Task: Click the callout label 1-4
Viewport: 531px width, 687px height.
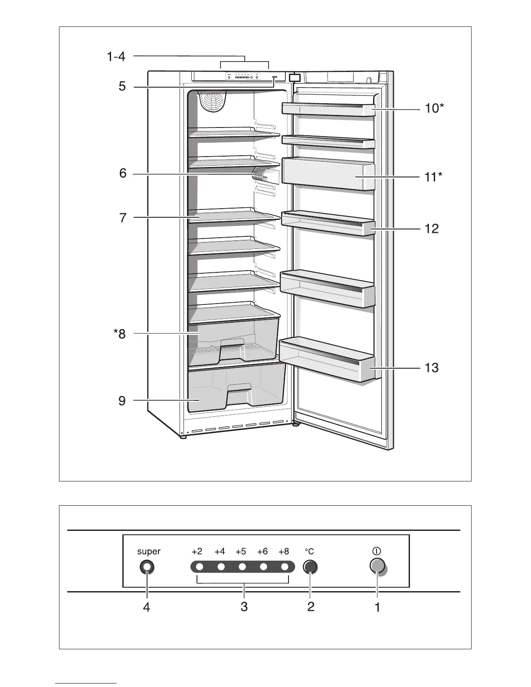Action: pos(116,56)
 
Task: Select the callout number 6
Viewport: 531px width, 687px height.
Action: pos(123,173)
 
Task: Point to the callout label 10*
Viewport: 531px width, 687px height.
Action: pos(434,108)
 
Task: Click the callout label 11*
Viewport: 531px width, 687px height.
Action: pos(434,177)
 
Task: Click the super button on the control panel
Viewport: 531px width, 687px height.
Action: pos(147,567)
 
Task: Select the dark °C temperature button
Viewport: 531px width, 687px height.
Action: pos(310,567)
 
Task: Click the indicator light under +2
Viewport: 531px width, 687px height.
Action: pos(200,567)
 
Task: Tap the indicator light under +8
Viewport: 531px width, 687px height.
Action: pos(285,567)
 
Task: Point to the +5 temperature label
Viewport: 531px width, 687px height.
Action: pos(241,552)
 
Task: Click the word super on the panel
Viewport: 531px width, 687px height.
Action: pos(148,552)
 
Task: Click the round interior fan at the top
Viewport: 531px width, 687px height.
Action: pos(212,102)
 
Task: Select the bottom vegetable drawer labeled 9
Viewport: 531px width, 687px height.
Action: pos(236,388)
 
